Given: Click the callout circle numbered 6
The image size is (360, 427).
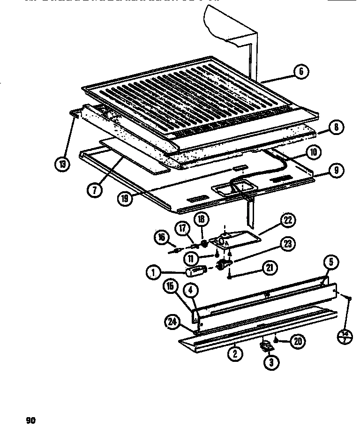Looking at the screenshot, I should tap(300, 71).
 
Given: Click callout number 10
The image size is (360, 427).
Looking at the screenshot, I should tap(313, 151).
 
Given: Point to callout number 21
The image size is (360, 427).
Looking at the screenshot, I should tap(270, 268).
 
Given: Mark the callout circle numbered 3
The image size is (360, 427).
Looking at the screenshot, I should tap(271, 362).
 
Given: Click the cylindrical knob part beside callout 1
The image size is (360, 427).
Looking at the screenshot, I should tap(196, 271).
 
